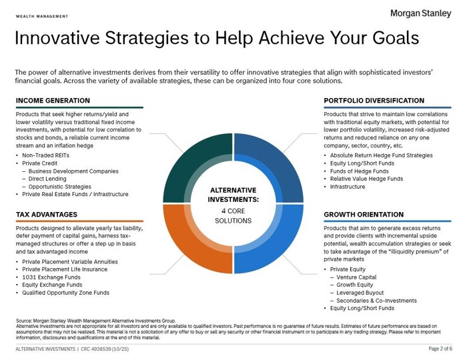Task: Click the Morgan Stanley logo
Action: point(420,14)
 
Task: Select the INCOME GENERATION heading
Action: point(53,101)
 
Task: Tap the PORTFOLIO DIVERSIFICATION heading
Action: point(374,101)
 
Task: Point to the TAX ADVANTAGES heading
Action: point(47,215)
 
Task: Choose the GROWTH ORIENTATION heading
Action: point(364,215)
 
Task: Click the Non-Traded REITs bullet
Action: point(45,155)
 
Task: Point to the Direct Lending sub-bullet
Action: point(47,179)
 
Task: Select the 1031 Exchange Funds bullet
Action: point(51,277)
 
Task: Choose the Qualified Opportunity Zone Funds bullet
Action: point(65,293)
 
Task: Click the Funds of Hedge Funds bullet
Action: point(359,171)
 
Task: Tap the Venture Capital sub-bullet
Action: point(356,277)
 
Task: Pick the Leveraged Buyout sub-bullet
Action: point(360,293)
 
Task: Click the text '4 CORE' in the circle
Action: point(233,211)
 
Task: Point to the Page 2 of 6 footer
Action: point(440,349)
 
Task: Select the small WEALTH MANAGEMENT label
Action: point(42,17)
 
